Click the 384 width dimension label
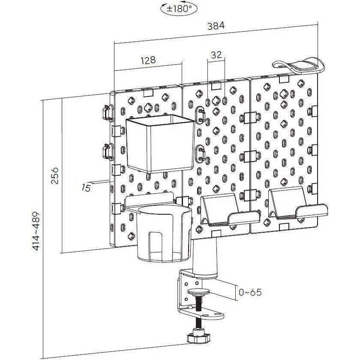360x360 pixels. [216, 26]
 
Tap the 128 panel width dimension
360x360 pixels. [148, 60]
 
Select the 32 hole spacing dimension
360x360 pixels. [216, 55]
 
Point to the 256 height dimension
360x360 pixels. [55, 176]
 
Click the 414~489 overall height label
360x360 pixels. [36, 231]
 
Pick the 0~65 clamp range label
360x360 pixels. [250, 292]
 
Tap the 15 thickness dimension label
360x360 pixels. [86, 188]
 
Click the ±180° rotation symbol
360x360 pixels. [179, 9]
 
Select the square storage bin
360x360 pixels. [160, 144]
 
